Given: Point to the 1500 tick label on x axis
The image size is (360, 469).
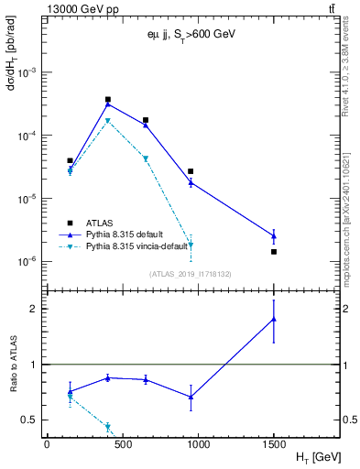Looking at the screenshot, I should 274,444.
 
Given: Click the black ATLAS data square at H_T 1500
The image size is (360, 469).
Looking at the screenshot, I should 274,251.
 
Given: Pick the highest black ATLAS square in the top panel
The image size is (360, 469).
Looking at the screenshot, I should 108,99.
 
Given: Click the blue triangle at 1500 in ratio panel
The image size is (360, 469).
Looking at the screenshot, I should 274,319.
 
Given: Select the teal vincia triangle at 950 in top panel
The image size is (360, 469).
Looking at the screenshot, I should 191,245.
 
